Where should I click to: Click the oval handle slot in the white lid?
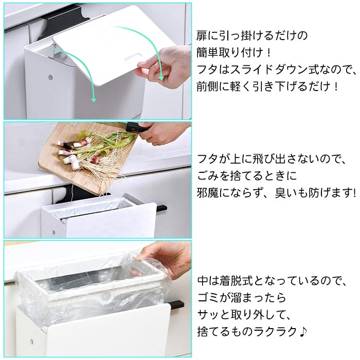pos(133,58)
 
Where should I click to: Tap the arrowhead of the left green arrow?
pos(94,100)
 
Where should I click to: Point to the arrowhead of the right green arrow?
pos(161,78)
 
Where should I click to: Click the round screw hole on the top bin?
pos(50,77)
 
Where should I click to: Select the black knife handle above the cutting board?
pos(137,127)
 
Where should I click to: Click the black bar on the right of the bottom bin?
pos(177,304)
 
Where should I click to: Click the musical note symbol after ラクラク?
pos(303,332)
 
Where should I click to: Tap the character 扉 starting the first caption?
pos(202,35)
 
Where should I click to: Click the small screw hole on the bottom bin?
pos(31,341)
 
